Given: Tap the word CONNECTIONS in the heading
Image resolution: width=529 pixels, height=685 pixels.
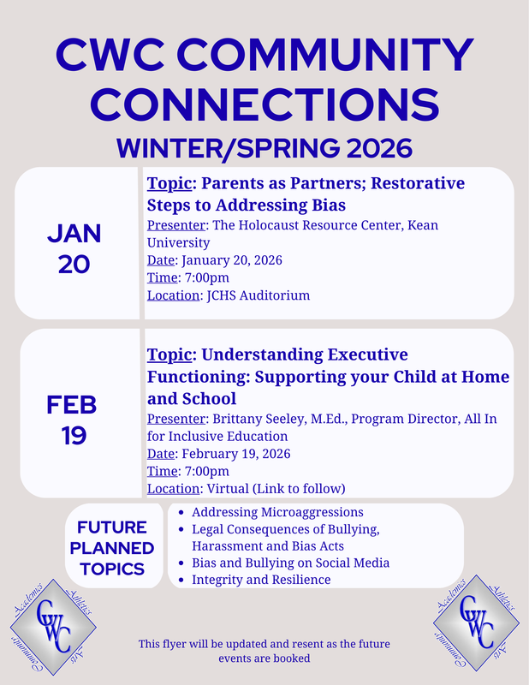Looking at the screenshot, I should [264, 104].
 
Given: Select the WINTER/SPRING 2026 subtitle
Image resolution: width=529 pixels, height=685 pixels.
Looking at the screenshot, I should [264, 147].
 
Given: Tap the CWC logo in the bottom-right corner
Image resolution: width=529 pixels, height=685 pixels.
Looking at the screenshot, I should [478, 623].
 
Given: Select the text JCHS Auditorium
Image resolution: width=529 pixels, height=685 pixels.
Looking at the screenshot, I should [256, 296].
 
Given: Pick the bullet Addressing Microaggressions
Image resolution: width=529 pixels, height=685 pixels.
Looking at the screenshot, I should [277, 512].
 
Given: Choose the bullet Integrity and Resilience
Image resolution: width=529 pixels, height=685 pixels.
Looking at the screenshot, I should [261, 581].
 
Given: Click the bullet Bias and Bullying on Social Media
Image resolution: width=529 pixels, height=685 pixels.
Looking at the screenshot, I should [291, 563].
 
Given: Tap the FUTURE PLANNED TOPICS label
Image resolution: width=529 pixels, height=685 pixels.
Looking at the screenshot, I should [112, 548].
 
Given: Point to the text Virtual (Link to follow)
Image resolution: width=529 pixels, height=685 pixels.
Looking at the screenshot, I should [274, 489].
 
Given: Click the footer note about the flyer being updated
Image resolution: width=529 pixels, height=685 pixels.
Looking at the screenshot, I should [264, 651].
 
